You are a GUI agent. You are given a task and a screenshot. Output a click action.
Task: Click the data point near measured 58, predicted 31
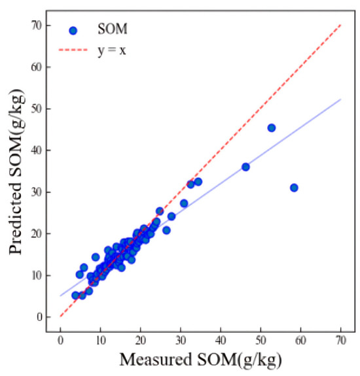(x=294, y=188)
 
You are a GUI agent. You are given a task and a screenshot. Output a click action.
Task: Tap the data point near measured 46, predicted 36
(x=245, y=167)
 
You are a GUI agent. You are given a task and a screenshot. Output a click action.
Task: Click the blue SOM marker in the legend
(x=73, y=30)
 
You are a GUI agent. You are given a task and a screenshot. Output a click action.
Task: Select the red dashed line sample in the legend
(x=73, y=49)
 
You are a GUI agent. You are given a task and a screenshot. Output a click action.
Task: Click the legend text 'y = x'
(x=112, y=49)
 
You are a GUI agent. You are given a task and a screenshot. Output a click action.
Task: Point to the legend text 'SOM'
(x=112, y=30)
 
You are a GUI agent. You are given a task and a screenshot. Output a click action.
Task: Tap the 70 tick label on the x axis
(x=340, y=340)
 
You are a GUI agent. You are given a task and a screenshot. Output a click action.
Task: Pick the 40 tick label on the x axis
(x=221, y=340)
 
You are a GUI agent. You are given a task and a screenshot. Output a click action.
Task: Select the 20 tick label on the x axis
(x=140, y=340)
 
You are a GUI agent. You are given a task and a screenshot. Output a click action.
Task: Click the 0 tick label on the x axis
(x=60, y=340)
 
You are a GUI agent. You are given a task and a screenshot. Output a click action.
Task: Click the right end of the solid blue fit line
(x=340, y=99)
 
